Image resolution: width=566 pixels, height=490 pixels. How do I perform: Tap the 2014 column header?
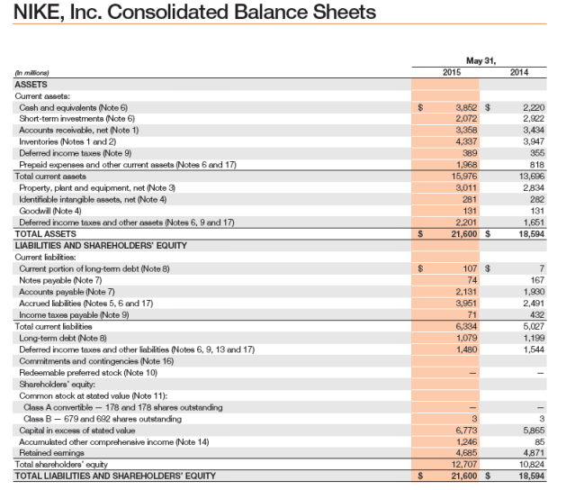pos(519,72)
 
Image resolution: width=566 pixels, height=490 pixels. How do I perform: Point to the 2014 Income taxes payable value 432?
pos(537,314)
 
